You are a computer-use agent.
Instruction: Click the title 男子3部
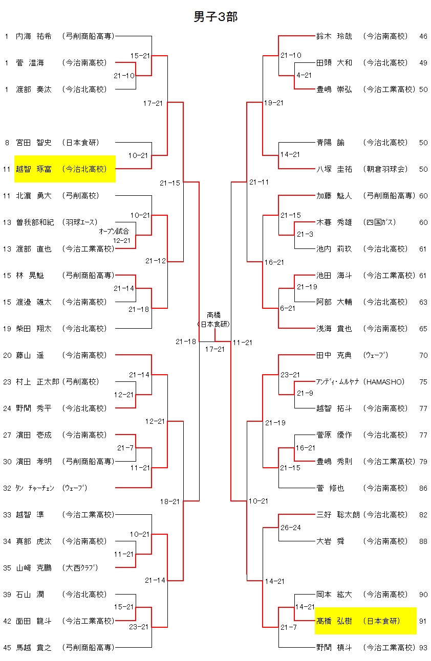point(216,17)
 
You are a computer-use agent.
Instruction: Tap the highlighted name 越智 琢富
point(33,169)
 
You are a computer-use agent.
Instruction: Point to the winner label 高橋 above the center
point(214,315)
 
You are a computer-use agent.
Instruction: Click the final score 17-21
point(215,349)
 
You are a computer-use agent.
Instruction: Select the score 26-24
point(290,528)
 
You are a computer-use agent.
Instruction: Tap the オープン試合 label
point(114,231)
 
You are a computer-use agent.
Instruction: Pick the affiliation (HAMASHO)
point(383,382)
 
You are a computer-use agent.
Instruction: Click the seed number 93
point(423,648)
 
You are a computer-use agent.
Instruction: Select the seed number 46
point(423,36)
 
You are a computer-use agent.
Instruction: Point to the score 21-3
point(305,235)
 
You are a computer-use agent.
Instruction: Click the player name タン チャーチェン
point(35,488)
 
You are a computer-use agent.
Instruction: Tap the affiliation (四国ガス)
point(379,222)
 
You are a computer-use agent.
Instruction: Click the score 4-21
point(304,75)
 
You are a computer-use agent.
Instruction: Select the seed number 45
point(7,648)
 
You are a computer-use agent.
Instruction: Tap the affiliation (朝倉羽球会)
point(385,169)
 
